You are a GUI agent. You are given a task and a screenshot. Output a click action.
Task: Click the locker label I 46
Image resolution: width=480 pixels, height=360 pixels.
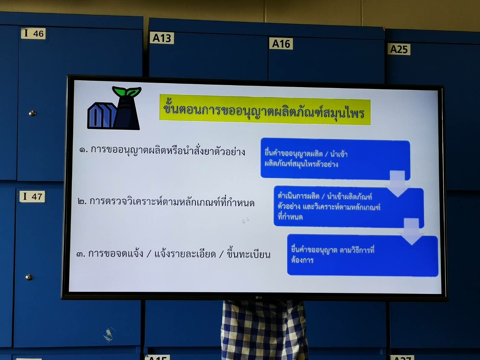[x=33, y=33]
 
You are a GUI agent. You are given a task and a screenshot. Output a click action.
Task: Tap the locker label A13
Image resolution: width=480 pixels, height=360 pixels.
[x=162, y=38]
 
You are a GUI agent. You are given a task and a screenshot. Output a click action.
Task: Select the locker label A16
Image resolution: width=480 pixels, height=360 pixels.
[x=281, y=44]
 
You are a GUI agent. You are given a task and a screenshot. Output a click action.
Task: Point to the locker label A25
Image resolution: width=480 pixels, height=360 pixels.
[x=399, y=49]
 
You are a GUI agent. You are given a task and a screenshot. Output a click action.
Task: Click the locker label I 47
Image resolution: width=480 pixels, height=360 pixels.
[x=32, y=196]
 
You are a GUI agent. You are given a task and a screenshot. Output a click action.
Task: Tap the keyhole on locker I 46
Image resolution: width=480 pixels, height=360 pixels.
[x=32, y=113]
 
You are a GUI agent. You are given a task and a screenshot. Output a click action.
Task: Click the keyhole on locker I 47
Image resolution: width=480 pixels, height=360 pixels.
[x=29, y=277]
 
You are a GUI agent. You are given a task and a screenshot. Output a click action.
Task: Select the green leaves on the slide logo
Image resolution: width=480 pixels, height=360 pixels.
[x=127, y=91]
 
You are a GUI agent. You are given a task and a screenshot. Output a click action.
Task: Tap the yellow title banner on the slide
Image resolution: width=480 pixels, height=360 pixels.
[x=265, y=110]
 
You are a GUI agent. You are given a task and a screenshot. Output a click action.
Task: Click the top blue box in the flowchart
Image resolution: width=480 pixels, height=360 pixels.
[x=335, y=159]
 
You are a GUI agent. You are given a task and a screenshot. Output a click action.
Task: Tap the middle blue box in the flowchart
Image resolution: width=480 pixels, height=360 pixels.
[x=349, y=207]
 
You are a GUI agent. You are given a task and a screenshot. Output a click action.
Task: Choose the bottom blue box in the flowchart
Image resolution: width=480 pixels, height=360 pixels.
[x=363, y=255]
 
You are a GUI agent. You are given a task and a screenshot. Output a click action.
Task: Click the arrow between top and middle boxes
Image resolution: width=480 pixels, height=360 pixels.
[x=397, y=184]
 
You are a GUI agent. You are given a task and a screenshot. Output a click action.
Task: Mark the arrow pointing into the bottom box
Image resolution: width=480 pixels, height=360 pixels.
[x=411, y=232]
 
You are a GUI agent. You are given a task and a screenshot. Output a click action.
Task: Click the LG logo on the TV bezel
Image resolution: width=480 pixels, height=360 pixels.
[x=259, y=298]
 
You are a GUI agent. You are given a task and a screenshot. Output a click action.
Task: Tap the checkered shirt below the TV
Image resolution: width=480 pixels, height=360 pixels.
[x=265, y=330]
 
